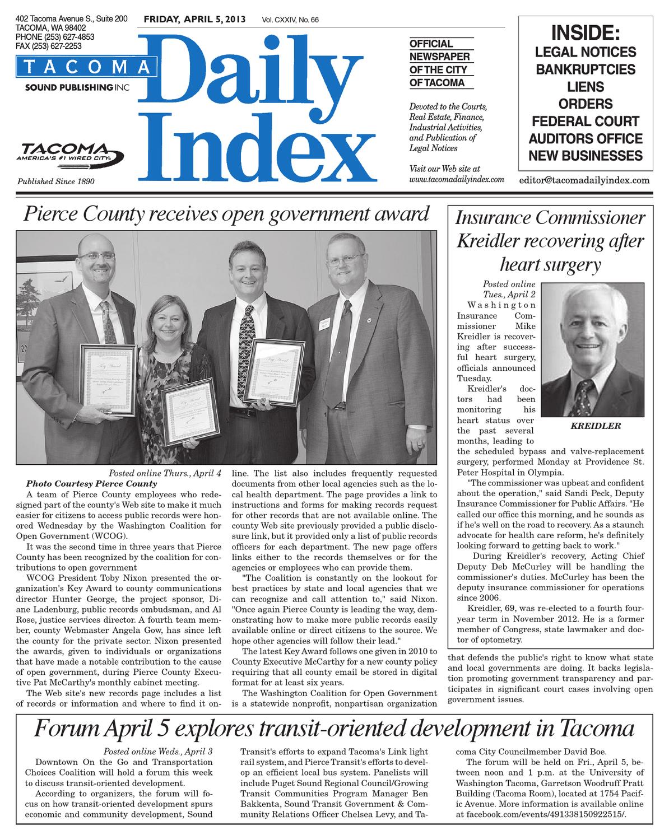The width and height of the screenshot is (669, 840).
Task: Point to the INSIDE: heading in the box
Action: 586,32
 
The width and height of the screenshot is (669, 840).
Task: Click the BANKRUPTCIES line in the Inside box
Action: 586,69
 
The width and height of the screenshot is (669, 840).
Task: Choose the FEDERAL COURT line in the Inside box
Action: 586,122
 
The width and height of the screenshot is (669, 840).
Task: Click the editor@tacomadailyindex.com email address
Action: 584,180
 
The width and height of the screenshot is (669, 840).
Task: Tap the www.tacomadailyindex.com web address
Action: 457,180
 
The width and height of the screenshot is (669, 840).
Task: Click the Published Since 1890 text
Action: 56,181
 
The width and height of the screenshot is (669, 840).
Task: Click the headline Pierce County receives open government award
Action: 222,214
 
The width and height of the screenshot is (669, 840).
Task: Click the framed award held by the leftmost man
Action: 108,381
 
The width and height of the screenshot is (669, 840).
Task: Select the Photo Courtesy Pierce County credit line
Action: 91,483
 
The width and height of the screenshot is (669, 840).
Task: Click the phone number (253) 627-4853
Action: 55,37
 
